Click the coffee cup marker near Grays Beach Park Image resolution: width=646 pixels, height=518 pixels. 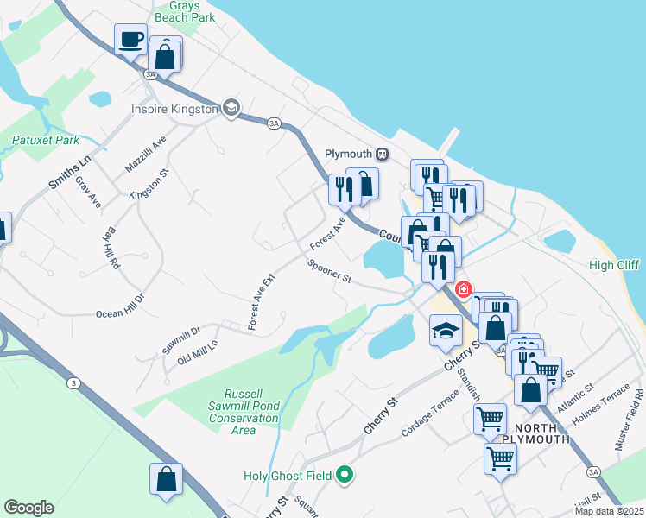point(131,40)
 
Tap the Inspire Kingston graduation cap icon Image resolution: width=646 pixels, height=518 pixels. point(231,109)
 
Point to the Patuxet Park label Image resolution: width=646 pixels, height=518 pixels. point(46,140)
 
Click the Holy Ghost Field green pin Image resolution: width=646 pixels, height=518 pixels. point(345,474)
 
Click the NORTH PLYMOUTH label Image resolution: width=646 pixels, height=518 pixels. point(541,433)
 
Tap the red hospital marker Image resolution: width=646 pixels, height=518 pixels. point(465,288)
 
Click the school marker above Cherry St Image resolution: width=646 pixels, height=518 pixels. point(445,332)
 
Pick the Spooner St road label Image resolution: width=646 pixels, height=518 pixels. point(329,273)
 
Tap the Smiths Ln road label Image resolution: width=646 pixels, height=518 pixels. point(70,171)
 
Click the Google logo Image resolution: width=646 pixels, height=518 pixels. point(28,508)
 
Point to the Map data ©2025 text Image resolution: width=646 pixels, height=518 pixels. point(609,511)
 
